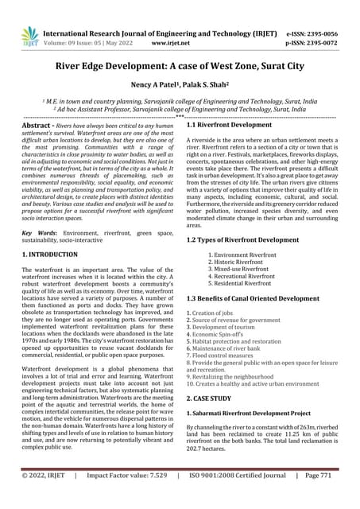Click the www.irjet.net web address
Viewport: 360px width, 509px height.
pyautogui.click(x=180, y=46)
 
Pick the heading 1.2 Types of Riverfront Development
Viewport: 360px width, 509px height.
pyautogui.click(x=242, y=239)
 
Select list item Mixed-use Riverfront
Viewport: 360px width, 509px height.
pyautogui.click(x=245, y=270)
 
